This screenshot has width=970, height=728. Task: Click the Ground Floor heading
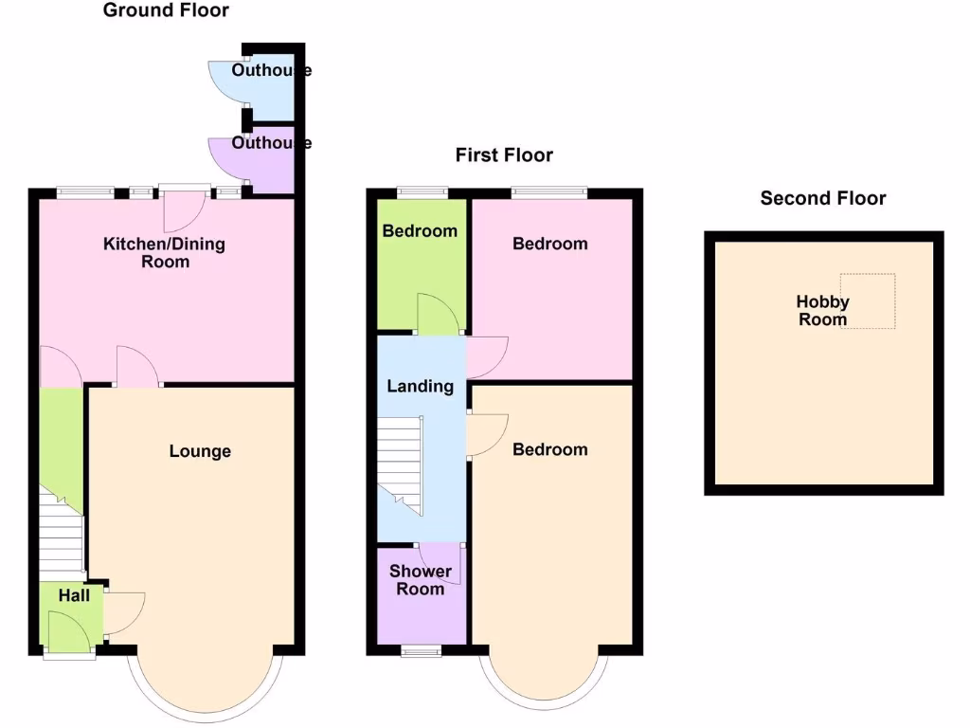166,11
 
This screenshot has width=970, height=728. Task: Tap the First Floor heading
504,155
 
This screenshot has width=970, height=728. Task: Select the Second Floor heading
822,198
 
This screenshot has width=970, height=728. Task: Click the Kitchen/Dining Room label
164,253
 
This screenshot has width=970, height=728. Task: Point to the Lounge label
200,451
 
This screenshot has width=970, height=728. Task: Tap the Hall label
74,595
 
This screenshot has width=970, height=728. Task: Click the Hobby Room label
822,311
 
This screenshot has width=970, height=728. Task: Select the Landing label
420,386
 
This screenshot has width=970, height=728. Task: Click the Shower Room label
420,580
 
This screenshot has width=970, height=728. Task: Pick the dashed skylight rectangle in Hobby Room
868,300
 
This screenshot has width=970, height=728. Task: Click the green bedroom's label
420,231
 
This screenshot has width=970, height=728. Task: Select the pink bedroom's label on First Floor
549,244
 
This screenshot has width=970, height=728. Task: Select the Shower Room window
420,650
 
